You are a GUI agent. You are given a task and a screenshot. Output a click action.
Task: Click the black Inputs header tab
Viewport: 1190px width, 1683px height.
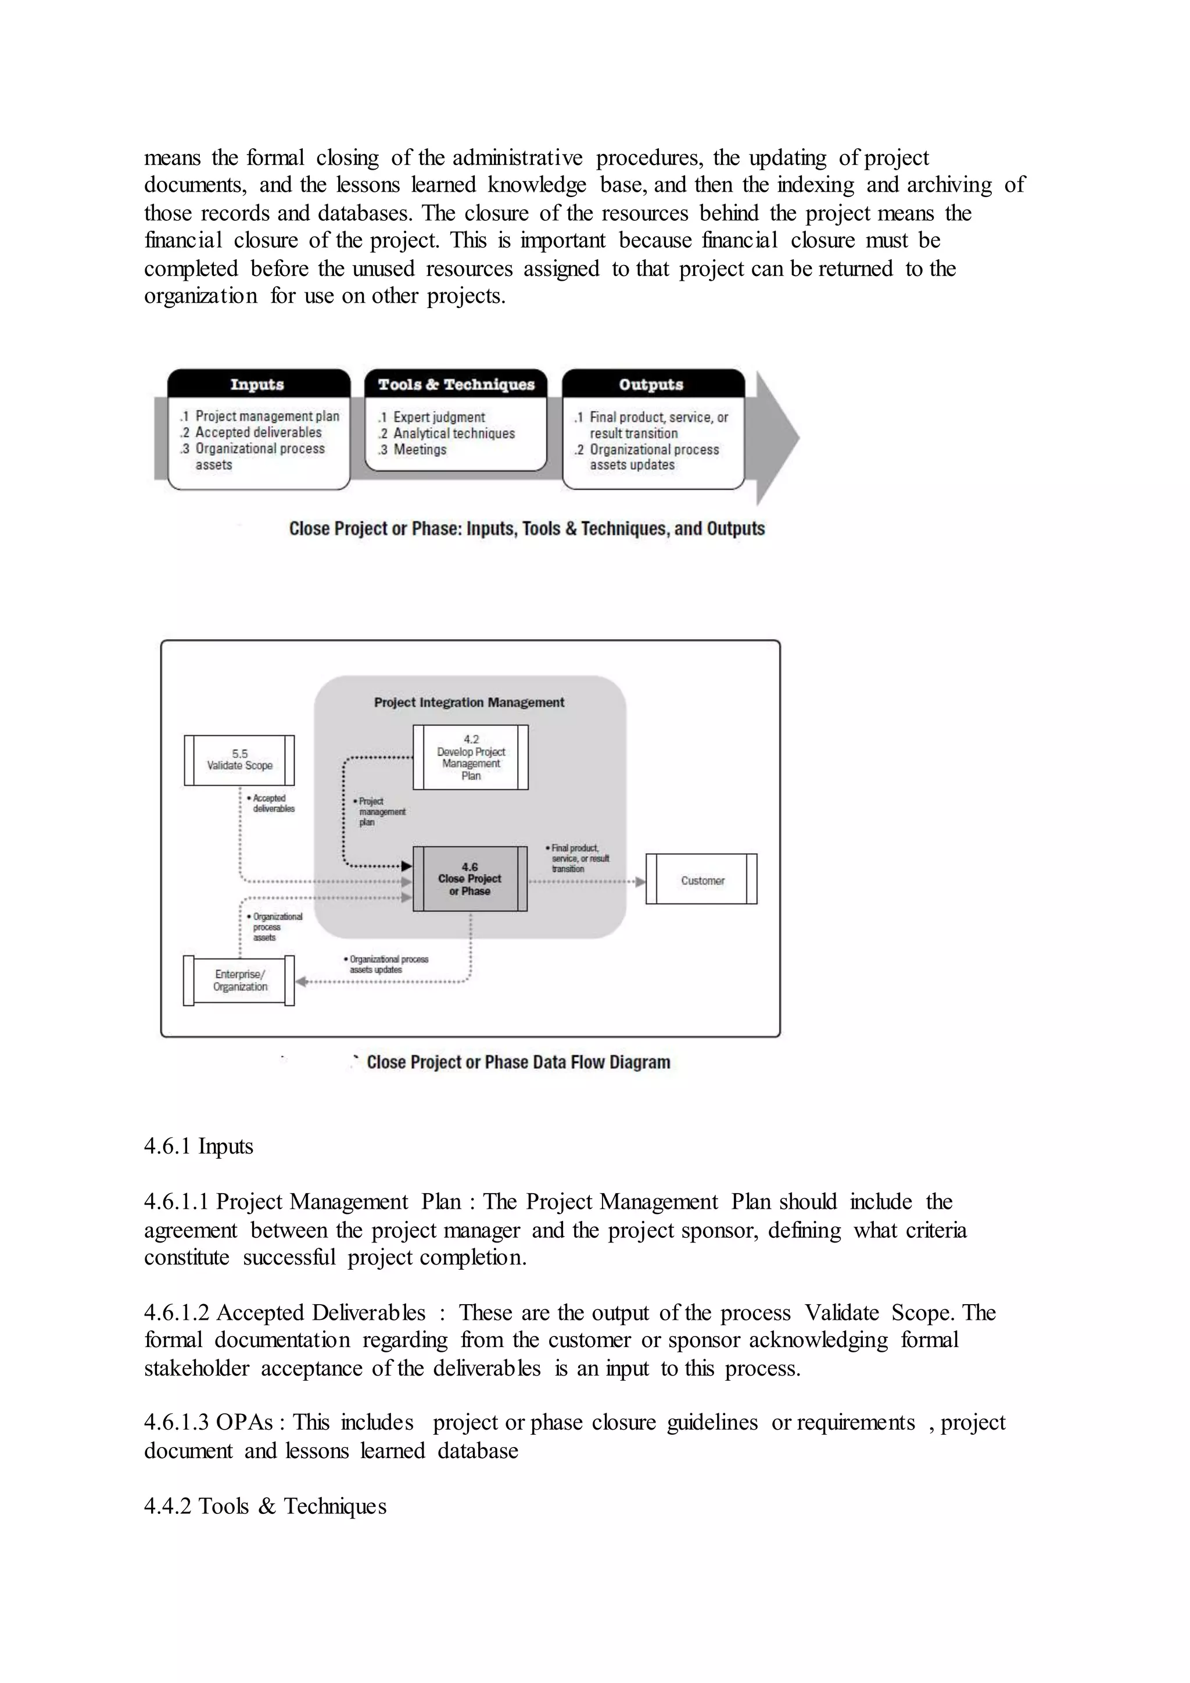click(258, 384)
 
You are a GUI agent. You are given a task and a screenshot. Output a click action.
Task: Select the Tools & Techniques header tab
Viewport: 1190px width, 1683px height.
click(456, 384)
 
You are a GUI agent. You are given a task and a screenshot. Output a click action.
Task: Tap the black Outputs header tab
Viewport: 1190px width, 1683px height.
click(651, 384)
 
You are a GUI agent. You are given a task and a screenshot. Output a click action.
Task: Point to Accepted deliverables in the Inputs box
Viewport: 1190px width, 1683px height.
click(258, 432)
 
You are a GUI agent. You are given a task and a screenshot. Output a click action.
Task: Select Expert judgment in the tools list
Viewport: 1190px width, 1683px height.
click(438, 417)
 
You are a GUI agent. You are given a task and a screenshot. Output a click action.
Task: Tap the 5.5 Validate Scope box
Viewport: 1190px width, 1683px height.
click(239, 760)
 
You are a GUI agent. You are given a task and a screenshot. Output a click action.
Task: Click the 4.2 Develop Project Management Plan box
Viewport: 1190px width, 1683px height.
click(471, 757)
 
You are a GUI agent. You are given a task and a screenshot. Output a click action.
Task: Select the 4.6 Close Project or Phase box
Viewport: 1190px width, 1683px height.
click(469, 879)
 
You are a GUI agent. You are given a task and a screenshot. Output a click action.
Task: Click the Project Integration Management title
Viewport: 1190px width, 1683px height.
click(469, 702)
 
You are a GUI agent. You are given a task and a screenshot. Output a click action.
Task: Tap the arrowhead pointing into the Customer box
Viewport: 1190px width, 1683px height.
click(640, 881)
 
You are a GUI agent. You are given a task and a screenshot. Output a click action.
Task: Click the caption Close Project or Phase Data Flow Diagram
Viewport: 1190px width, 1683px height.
click(518, 1062)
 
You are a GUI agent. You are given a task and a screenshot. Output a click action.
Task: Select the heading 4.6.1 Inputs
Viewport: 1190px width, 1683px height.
click(199, 1147)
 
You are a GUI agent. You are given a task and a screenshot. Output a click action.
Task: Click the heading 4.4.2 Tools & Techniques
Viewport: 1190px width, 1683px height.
click(266, 1506)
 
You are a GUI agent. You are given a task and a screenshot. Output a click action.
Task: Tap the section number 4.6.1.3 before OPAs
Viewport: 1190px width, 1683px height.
click(177, 1423)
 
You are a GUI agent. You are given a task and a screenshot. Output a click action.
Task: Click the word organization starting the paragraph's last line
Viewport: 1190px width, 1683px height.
click(200, 296)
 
